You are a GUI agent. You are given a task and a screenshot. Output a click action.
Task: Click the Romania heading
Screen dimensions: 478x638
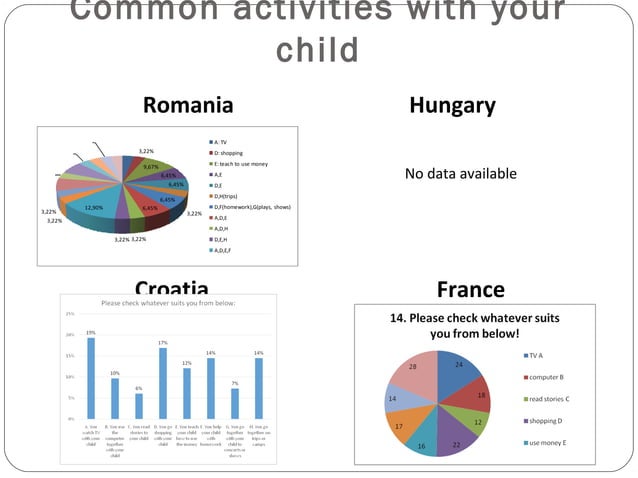click(x=188, y=106)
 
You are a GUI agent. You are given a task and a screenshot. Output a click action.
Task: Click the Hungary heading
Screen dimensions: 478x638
click(x=452, y=106)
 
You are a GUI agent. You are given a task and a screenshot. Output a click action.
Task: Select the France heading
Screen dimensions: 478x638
click(x=471, y=290)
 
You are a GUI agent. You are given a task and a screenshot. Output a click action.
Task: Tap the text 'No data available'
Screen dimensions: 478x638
click(x=460, y=174)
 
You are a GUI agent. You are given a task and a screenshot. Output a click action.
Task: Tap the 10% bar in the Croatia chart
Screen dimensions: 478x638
click(x=115, y=397)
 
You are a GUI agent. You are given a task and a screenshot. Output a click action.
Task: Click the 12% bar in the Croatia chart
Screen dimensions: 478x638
click(x=187, y=392)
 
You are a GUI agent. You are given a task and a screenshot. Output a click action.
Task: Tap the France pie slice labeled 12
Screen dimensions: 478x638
click(x=476, y=420)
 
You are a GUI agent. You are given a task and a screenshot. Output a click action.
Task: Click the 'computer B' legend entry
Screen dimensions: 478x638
click(x=547, y=377)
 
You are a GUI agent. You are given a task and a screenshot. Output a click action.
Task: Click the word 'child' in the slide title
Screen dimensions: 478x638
click(x=317, y=49)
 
